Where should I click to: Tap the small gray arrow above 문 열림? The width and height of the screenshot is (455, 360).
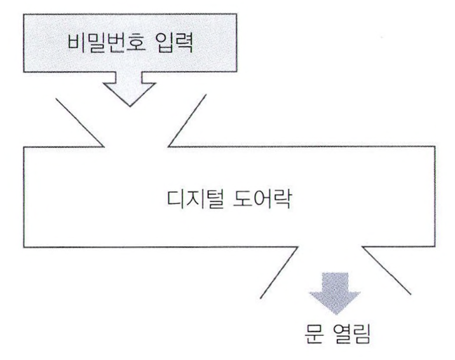334,292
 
